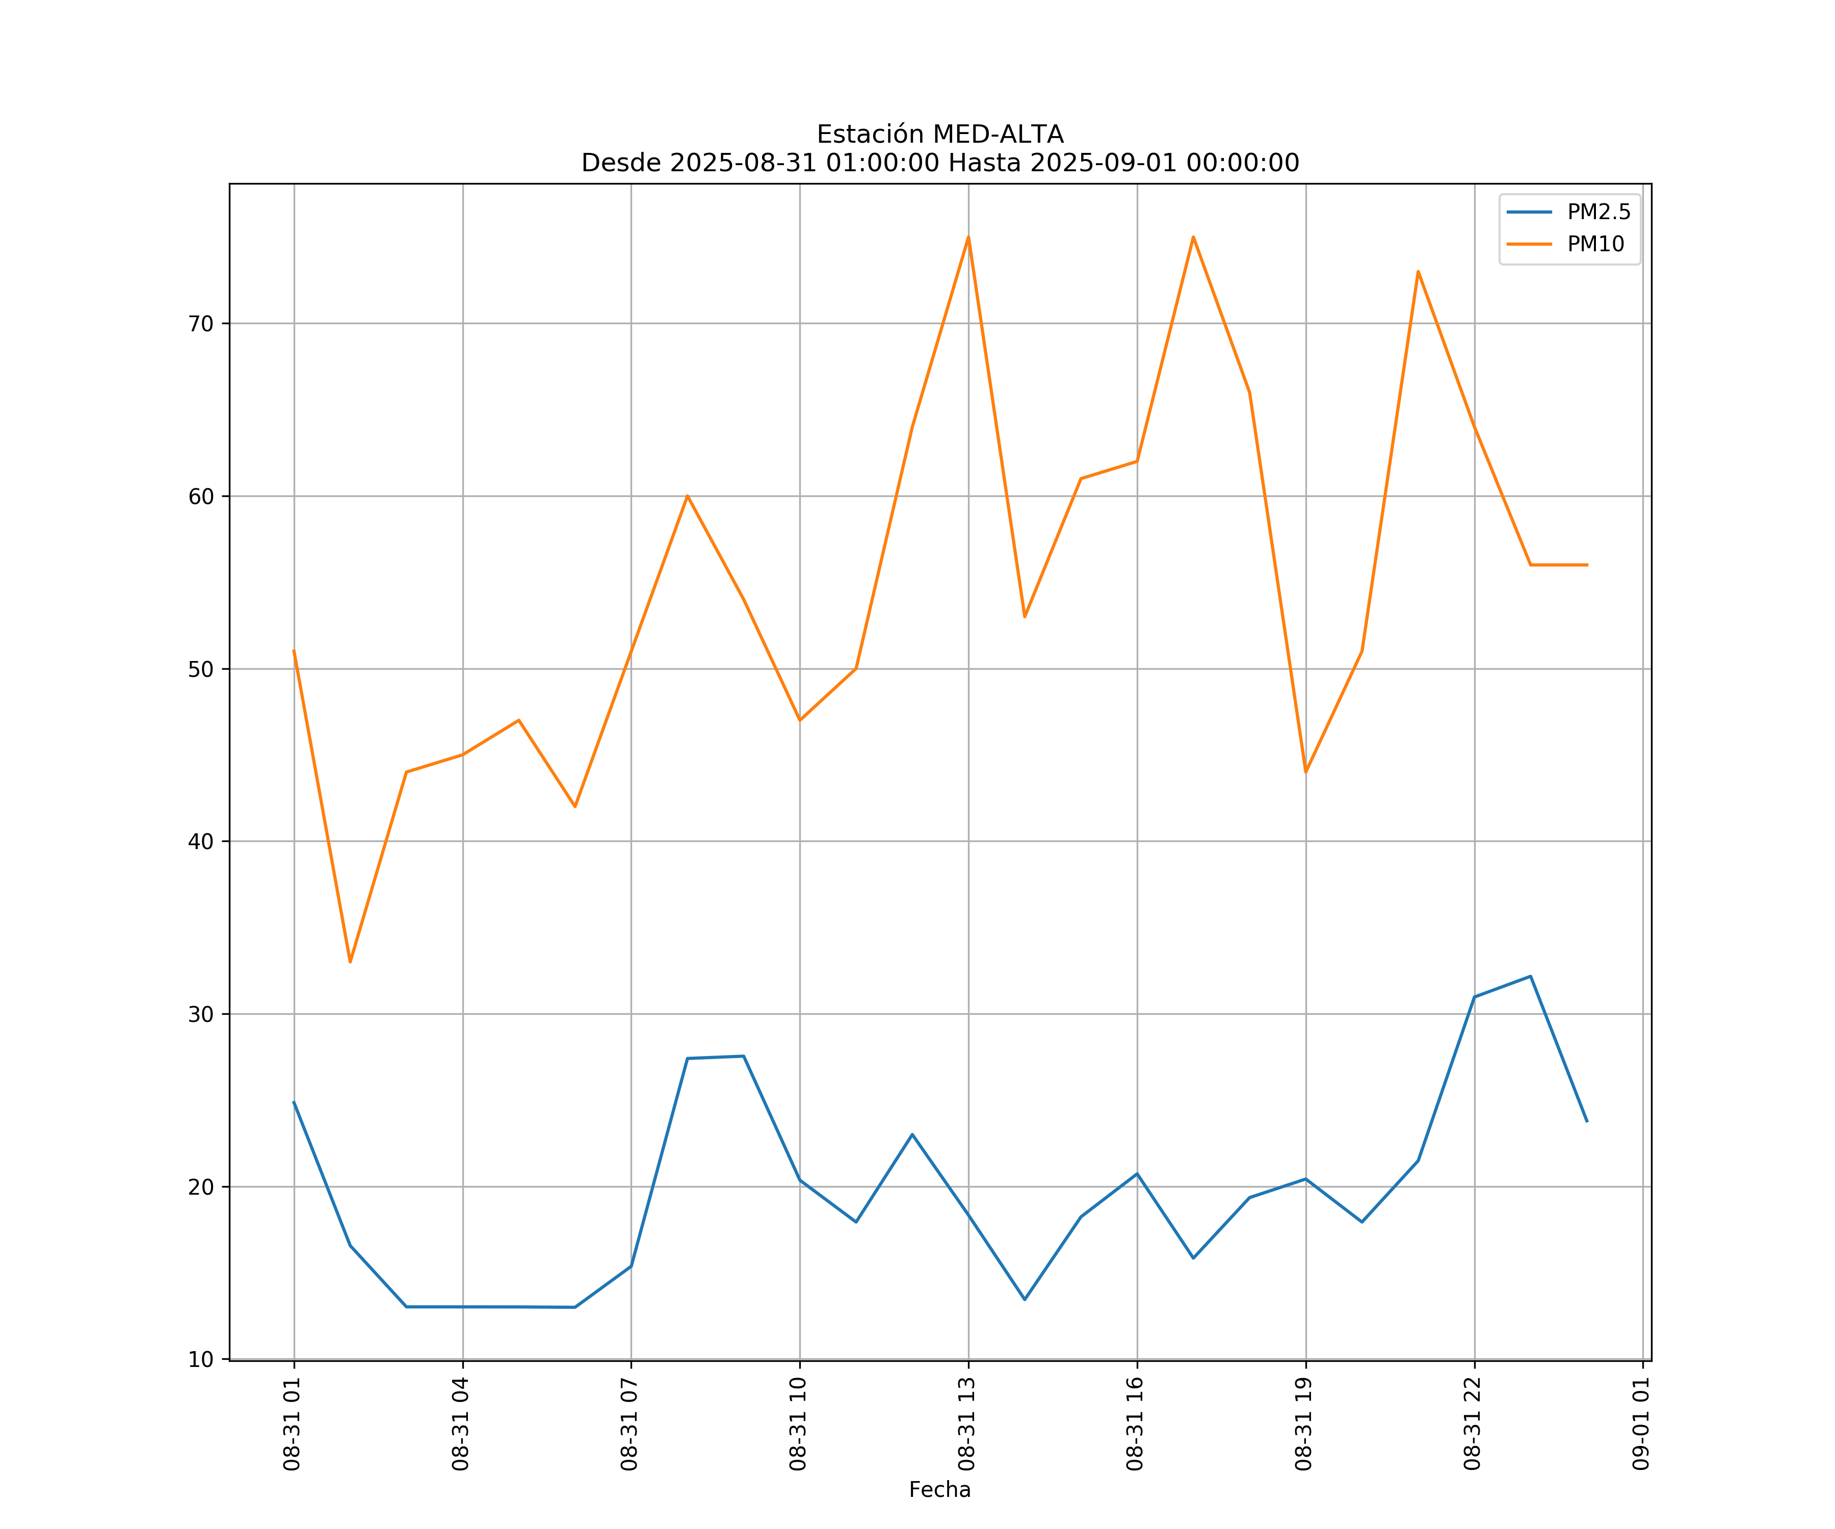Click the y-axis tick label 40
(x=201, y=841)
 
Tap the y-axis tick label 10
(x=201, y=1359)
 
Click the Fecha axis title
(x=939, y=1490)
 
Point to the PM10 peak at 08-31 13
(x=968, y=237)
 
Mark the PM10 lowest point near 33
(x=350, y=962)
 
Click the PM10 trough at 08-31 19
(x=1305, y=772)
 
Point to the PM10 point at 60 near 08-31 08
(x=688, y=496)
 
